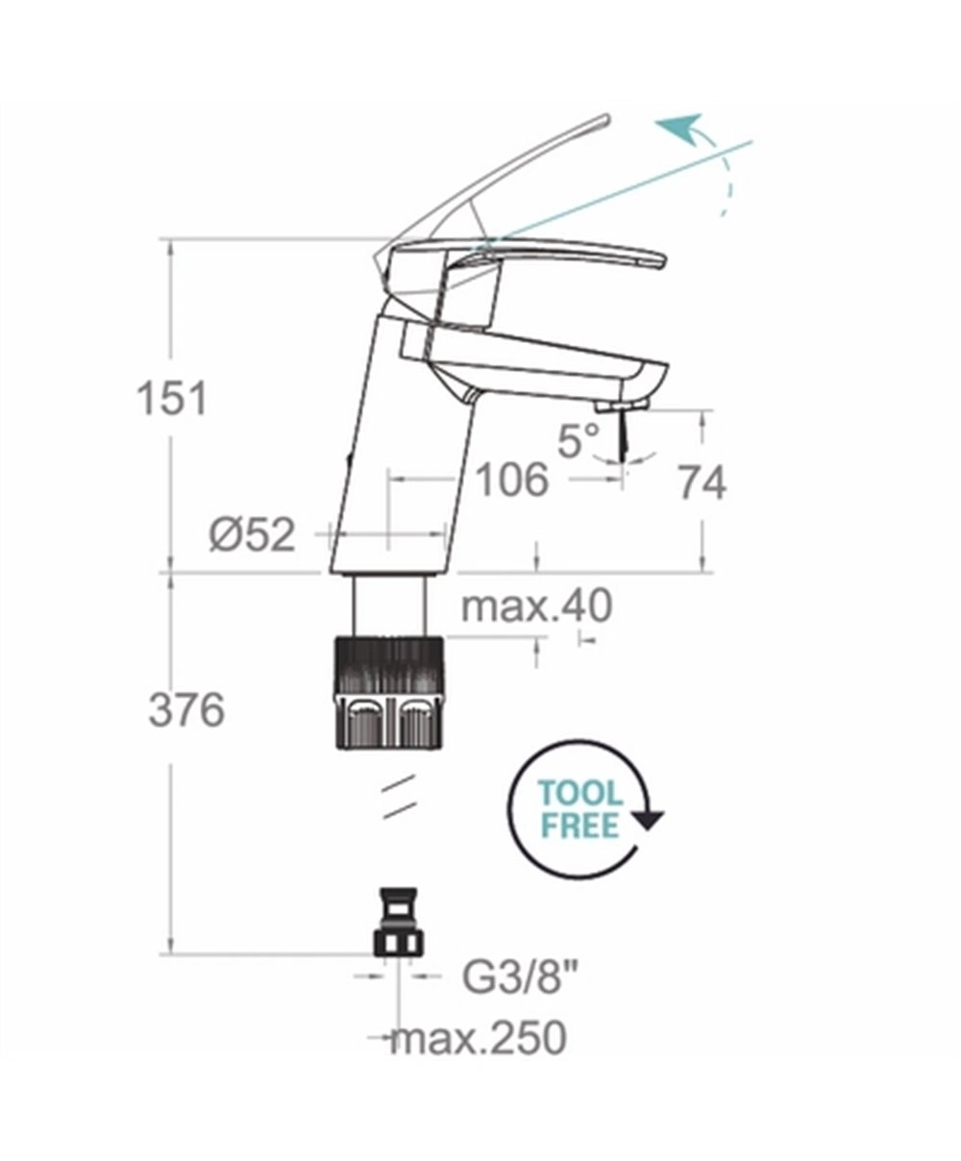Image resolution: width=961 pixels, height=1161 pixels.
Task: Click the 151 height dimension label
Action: (172, 398)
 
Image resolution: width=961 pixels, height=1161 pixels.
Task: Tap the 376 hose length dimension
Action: (186, 710)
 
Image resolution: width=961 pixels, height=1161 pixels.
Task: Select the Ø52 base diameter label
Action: (252, 535)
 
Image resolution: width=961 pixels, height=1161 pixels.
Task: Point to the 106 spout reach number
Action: (512, 480)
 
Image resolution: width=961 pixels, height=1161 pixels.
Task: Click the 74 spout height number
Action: (702, 482)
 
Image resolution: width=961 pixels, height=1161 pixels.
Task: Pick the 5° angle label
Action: (579, 440)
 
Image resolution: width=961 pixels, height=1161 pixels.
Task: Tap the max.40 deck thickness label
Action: (536, 606)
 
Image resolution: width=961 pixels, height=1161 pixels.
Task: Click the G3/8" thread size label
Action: (521, 977)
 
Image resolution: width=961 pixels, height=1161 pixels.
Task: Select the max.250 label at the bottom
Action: (479, 1038)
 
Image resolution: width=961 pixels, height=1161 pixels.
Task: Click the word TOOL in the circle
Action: (580, 794)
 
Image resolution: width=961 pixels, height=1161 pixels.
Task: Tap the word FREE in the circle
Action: (580, 826)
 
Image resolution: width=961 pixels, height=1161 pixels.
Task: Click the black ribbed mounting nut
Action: (389, 692)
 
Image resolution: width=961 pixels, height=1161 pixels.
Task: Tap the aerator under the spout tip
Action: (621, 407)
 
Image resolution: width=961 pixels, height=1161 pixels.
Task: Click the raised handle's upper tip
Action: (605, 119)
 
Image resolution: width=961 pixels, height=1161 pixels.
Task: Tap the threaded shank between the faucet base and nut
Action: (389, 605)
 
